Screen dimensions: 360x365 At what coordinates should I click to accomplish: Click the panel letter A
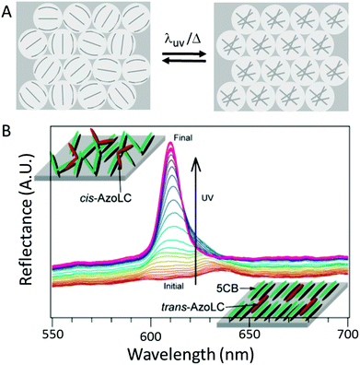pyautogui.click(x=6, y=12)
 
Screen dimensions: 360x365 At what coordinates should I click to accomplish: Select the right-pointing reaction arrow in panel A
pyautogui.click(x=183, y=54)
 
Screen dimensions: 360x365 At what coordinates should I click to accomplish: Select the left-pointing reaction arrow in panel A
pyautogui.click(x=183, y=62)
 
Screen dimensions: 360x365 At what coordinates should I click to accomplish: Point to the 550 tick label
pyautogui.click(x=52, y=333)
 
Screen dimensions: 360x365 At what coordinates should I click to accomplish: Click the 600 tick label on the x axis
pyautogui.click(x=151, y=333)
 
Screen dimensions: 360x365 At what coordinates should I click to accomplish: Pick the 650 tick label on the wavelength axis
pyautogui.click(x=250, y=333)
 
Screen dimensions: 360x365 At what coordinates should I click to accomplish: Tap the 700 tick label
pyautogui.click(x=347, y=333)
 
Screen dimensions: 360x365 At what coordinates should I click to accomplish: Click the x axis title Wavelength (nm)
pyautogui.click(x=191, y=354)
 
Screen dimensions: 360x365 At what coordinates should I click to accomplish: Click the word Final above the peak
pyautogui.click(x=183, y=138)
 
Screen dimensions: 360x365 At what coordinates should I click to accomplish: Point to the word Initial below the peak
pyautogui.click(x=174, y=287)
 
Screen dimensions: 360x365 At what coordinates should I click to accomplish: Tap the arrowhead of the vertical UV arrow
pyautogui.click(x=196, y=159)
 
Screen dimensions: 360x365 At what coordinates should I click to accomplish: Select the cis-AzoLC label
pyautogui.click(x=102, y=198)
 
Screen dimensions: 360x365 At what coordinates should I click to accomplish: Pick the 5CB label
pyautogui.click(x=229, y=288)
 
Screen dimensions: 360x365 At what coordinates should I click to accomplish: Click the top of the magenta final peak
pyautogui.click(x=169, y=143)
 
